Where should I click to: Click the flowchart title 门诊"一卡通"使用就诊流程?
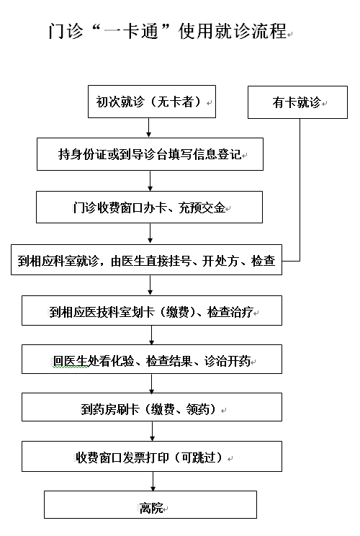coord(167,32)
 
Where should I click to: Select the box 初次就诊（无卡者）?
coord(152,102)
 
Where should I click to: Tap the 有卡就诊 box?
coord(297,102)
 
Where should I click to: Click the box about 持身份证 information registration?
coord(150,154)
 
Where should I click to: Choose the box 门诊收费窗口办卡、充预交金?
coord(149,207)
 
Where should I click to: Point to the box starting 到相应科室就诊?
coord(147,260)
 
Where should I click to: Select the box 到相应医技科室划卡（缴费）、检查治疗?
coord(152,311)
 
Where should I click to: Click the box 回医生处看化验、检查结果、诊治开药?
coord(152,359)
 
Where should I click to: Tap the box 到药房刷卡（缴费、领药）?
coord(152,407)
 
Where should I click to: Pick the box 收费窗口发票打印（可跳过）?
coord(152,456)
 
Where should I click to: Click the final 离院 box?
coord(150,504)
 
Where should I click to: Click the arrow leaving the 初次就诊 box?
coord(148,128)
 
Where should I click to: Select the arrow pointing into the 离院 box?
coord(153,481)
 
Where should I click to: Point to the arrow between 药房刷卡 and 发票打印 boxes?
coord(153,431)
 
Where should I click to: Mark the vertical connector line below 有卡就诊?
coord(300,189)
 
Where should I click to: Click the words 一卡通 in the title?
coord(131,32)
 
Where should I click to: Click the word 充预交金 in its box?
coord(202,207)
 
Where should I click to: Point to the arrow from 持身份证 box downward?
coord(150,181)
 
